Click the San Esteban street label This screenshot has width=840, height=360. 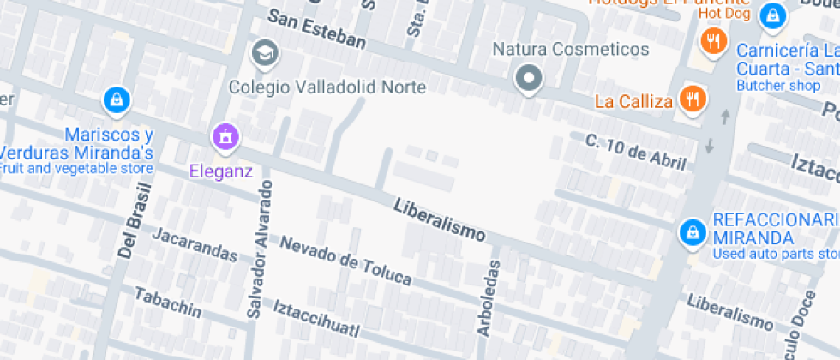click(316, 29)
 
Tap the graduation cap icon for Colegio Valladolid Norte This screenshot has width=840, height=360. click(265, 55)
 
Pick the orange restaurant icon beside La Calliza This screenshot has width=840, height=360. click(691, 99)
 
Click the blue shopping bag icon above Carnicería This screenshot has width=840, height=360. click(773, 15)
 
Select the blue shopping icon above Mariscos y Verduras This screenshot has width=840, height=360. click(114, 100)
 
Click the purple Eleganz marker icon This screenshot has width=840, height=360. click(225, 136)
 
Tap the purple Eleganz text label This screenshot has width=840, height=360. click(221, 171)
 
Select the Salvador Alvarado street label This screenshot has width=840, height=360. click(260, 249)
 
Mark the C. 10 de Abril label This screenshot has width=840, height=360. click(635, 152)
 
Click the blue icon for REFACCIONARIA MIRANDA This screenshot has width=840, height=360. click(691, 231)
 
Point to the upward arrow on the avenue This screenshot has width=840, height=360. click(726, 116)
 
